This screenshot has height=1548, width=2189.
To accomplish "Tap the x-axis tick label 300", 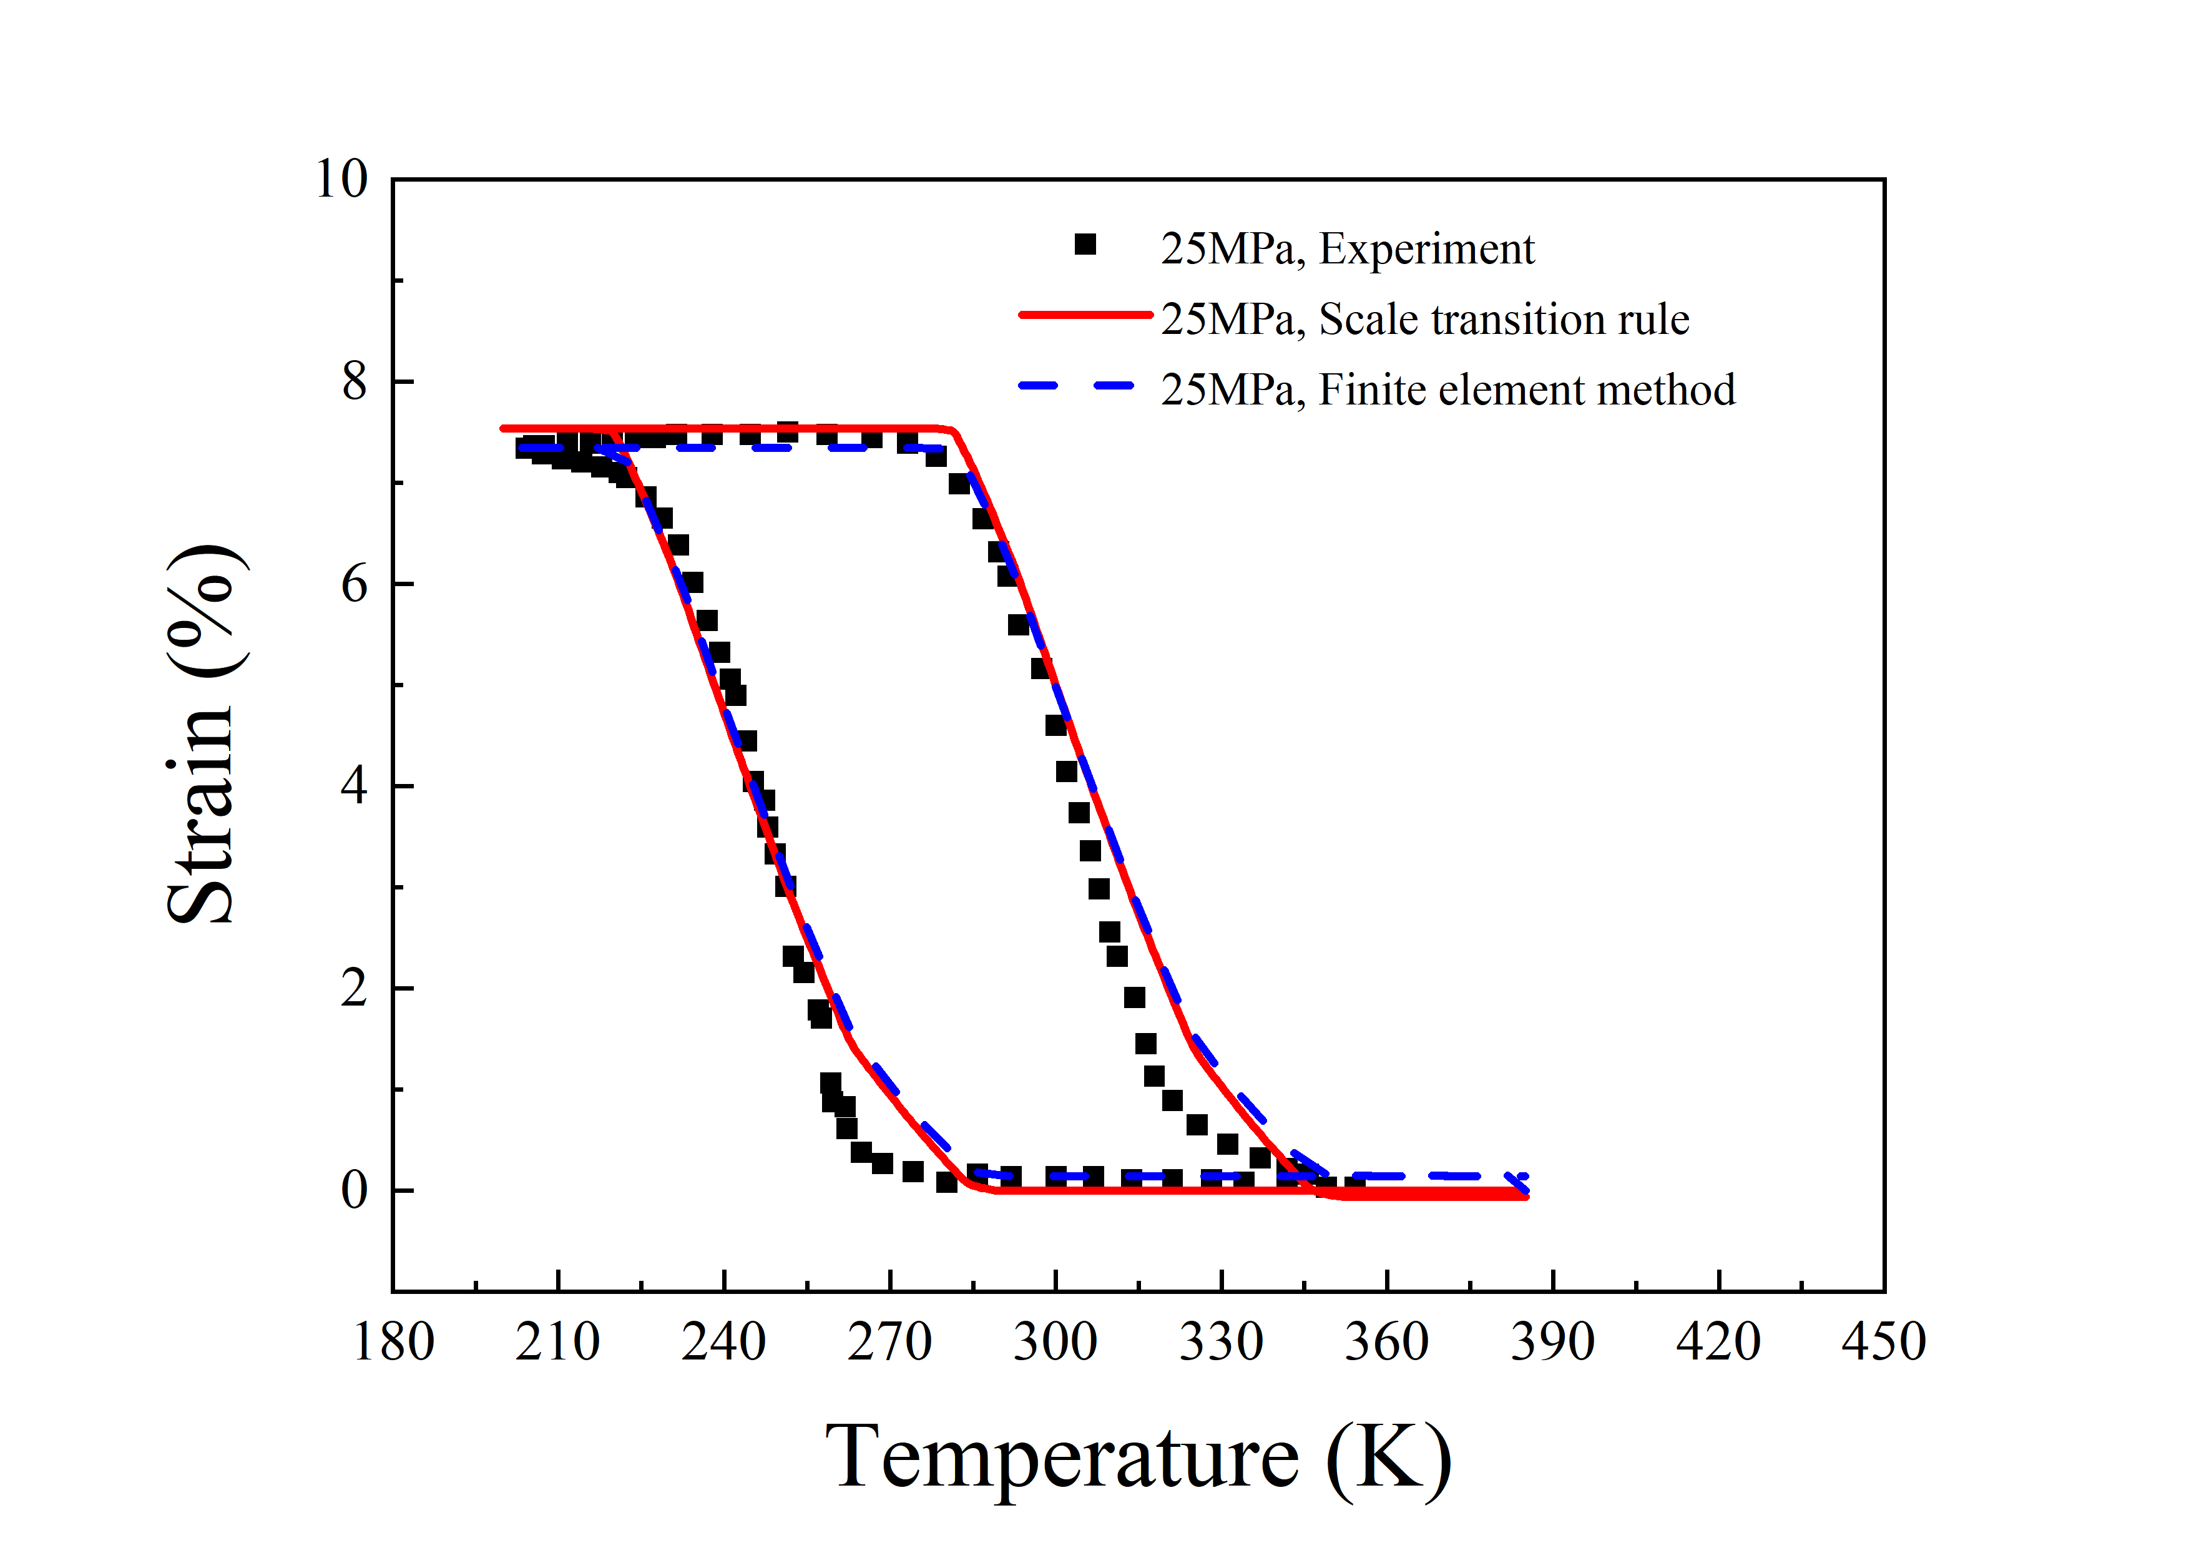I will [1054, 1342].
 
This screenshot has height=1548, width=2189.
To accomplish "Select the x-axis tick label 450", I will [1883, 1342].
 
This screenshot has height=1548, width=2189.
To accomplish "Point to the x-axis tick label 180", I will [393, 1342].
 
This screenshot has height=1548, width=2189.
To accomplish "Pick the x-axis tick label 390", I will [1552, 1342].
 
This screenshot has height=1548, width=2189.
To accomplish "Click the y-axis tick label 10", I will [340, 179].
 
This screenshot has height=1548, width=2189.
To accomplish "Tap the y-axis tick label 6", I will [354, 584].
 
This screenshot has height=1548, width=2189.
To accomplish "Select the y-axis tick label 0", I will [354, 1190].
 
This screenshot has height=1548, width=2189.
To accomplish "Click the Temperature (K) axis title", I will [1139, 1456].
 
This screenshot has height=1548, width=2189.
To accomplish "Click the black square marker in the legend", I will [1085, 245].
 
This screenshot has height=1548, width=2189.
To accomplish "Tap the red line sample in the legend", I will [1085, 315].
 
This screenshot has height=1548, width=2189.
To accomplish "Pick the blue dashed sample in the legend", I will [1077, 386].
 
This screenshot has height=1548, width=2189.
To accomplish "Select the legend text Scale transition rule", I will [1504, 320].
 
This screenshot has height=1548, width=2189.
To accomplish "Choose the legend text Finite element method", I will [1526, 390].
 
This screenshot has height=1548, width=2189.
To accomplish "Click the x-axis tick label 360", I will [1386, 1342].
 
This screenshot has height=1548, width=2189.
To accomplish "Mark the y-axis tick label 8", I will [354, 382].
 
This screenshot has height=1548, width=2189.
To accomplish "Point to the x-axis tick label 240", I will [723, 1342].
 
